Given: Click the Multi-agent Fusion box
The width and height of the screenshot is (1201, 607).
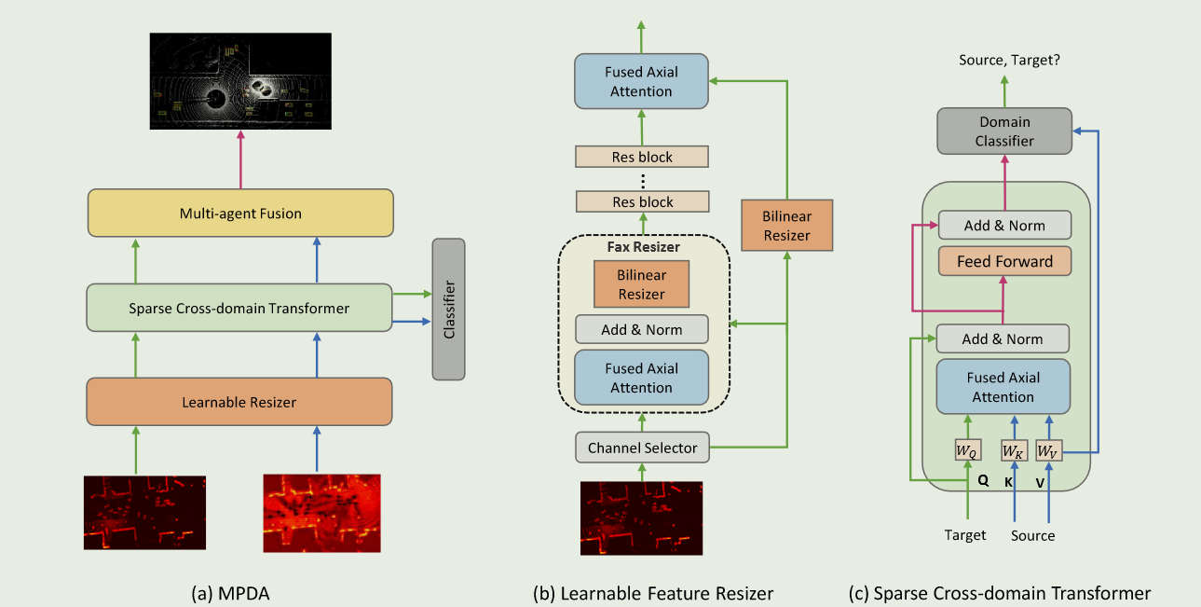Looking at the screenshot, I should click(x=240, y=213).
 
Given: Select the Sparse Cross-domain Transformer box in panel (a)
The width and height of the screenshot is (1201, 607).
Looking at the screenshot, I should click(x=239, y=307).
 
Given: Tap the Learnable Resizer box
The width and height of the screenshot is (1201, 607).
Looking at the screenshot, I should click(x=239, y=402).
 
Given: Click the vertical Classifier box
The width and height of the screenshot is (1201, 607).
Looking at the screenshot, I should click(x=448, y=310).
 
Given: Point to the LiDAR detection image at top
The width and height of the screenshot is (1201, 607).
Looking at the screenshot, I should click(x=240, y=81).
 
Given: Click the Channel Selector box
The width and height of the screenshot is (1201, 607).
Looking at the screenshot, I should click(x=641, y=448).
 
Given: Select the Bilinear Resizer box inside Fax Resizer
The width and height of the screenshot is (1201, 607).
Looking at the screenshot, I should click(x=641, y=284).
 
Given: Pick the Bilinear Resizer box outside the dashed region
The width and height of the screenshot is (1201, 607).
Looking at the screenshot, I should click(x=786, y=225).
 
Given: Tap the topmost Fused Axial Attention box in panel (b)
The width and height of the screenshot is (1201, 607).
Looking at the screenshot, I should click(x=641, y=81).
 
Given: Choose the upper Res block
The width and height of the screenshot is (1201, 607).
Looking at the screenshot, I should click(x=641, y=157).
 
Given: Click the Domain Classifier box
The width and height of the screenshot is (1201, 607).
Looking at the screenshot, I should click(x=1004, y=131).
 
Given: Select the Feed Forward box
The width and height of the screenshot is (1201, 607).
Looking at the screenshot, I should click(x=1004, y=261).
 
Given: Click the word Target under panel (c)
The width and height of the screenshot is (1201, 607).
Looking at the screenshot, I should click(x=964, y=534).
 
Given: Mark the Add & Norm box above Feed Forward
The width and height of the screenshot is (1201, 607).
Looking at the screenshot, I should click(x=1004, y=225).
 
